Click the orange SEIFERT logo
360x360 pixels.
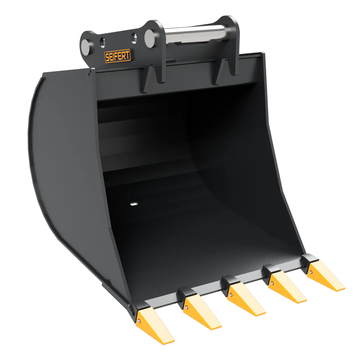(118, 56)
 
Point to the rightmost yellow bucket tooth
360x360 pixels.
(325, 276)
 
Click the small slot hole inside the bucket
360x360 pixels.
(134, 203)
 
